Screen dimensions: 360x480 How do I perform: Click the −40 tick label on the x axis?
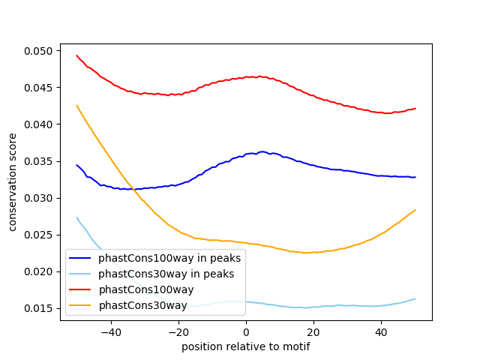tap(110, 331)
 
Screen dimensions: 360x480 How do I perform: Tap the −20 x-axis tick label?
tap(178, 331)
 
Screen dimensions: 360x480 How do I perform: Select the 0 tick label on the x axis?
tap(246, 331)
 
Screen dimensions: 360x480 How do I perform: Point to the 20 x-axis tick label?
tap(313, 331)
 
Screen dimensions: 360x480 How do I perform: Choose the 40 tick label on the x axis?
tap(381, 331)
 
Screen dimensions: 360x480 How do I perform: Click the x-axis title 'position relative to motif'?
tap(246, 346)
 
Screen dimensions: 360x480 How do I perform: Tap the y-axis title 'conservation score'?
tap(13, 182)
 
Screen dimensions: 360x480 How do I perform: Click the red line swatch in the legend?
tap(80, 289)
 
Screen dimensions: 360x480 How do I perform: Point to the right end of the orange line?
tap(415, 210)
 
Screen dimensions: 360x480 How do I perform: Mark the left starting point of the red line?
tap(76, 55)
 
